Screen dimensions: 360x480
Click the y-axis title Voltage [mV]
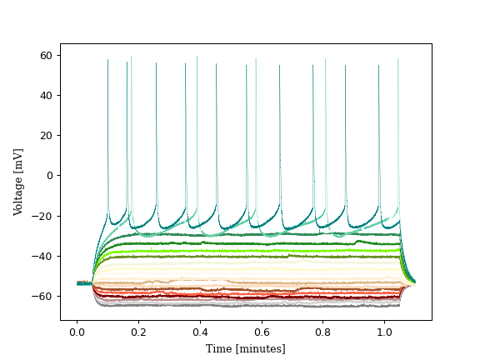pos(18,182)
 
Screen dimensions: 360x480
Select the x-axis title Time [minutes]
pos(246,348)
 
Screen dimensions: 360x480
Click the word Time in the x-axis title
pos(219,348)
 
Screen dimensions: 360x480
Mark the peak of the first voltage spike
pos(107,60)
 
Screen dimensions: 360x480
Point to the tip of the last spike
pos(398,59)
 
